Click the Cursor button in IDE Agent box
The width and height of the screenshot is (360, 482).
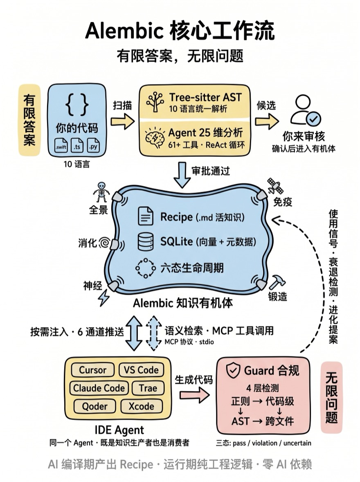92,370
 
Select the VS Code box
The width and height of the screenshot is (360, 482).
142,370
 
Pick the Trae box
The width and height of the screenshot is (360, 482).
148,388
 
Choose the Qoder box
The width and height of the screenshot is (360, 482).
94,406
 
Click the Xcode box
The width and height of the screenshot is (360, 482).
141,406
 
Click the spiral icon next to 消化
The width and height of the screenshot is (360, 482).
104,243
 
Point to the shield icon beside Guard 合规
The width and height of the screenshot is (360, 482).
234,371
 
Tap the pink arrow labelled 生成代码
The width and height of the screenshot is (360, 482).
194,396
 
